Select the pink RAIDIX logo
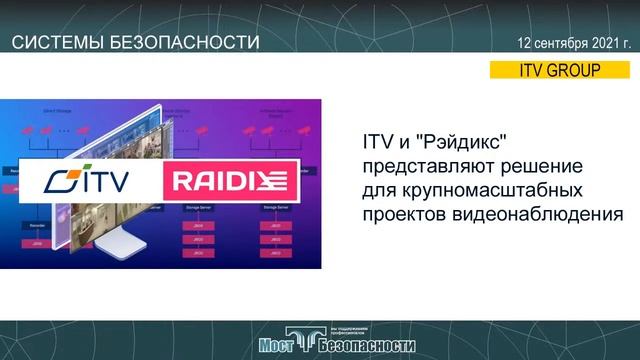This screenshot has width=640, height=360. point(231,183)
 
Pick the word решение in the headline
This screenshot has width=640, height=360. point(528,165)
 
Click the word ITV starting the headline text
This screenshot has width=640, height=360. point(373,141)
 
